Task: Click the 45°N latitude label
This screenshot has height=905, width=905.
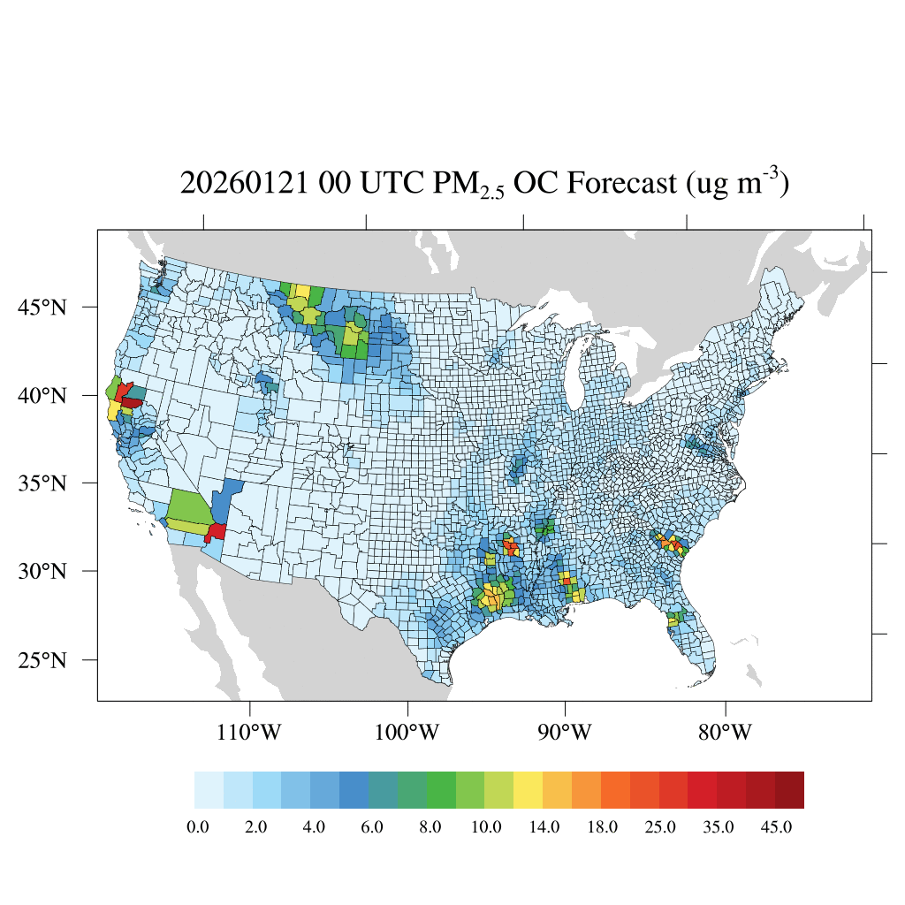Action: (42, 308)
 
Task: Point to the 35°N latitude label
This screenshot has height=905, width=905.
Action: (42, 483)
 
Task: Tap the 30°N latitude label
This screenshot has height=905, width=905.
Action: (42, 571)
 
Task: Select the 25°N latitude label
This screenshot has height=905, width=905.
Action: (42, 660)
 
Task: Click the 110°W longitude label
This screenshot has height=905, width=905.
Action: (251, 733)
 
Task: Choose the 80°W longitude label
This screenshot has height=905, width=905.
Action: (726, 733)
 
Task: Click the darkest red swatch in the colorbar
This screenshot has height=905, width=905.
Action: (789, 789)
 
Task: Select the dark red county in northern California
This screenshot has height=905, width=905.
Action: (132, 402)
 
